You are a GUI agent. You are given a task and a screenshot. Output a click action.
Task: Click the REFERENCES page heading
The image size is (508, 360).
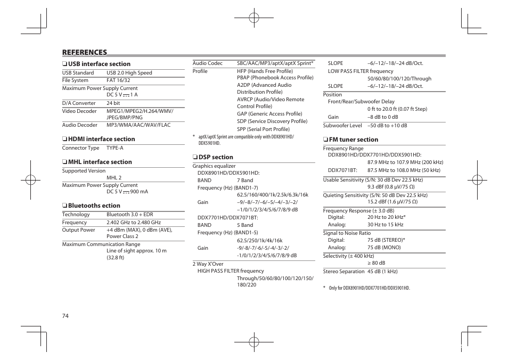pos(85,52)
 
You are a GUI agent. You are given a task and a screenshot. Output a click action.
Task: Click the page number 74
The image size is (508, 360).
pos(65,316)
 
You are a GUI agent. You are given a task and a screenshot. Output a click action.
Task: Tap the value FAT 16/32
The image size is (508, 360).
pos(118,80)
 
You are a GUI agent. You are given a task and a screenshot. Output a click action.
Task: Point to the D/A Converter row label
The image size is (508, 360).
pos(79,103)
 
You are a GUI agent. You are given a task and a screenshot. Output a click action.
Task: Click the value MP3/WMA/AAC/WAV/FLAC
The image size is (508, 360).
pos(138,125)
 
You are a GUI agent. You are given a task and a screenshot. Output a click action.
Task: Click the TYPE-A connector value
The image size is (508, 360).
pos(114,148)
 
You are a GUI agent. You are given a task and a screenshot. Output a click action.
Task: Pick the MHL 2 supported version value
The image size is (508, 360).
pos(114,178)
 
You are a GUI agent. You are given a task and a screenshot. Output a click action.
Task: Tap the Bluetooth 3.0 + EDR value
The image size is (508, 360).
pos(129,215)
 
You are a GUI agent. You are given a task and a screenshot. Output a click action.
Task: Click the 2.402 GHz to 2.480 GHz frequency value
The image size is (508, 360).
pos(133,223)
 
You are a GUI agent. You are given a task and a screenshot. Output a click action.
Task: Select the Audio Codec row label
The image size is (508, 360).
pos(208,63)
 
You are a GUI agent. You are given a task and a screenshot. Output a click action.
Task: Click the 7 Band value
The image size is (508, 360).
pos(245,181)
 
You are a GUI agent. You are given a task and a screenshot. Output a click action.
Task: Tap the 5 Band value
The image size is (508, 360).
pos(245,225)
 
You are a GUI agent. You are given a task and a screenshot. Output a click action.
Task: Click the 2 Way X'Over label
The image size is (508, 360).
pos(208,264)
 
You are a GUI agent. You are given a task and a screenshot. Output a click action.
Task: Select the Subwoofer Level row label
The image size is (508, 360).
pos(342,126)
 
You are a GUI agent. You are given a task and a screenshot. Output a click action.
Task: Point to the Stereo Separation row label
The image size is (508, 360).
pos(343,272)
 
